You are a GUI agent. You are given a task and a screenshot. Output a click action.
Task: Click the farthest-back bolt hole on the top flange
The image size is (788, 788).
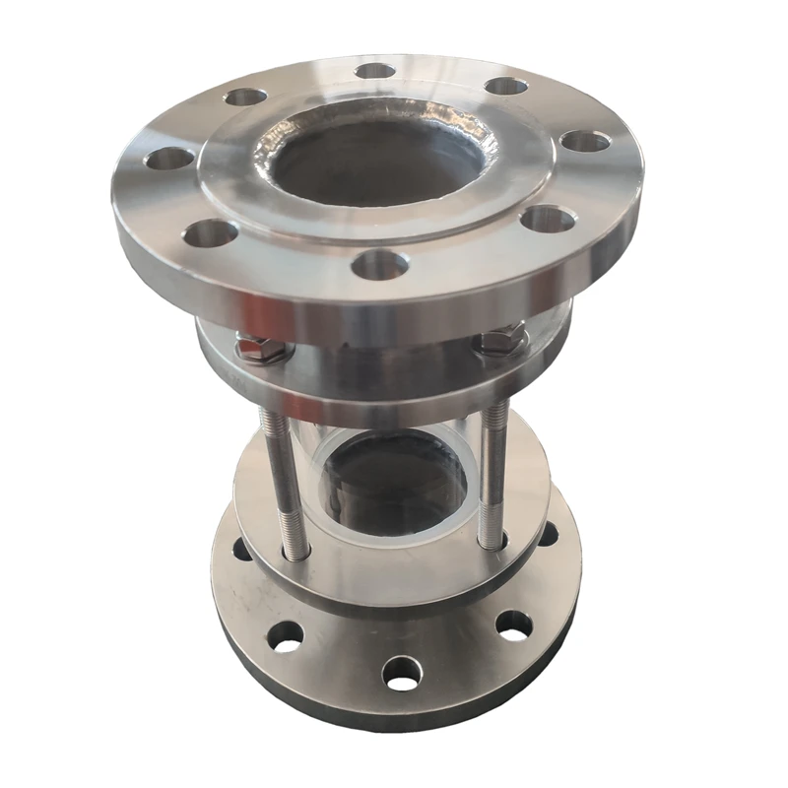click(375, 71)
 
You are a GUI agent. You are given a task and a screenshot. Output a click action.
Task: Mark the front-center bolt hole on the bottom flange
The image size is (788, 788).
click(402, 673)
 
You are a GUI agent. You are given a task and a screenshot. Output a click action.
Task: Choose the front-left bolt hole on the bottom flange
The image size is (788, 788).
click(285, 636)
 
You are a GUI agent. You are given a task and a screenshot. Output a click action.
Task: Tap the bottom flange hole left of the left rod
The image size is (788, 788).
click(241, 549)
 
